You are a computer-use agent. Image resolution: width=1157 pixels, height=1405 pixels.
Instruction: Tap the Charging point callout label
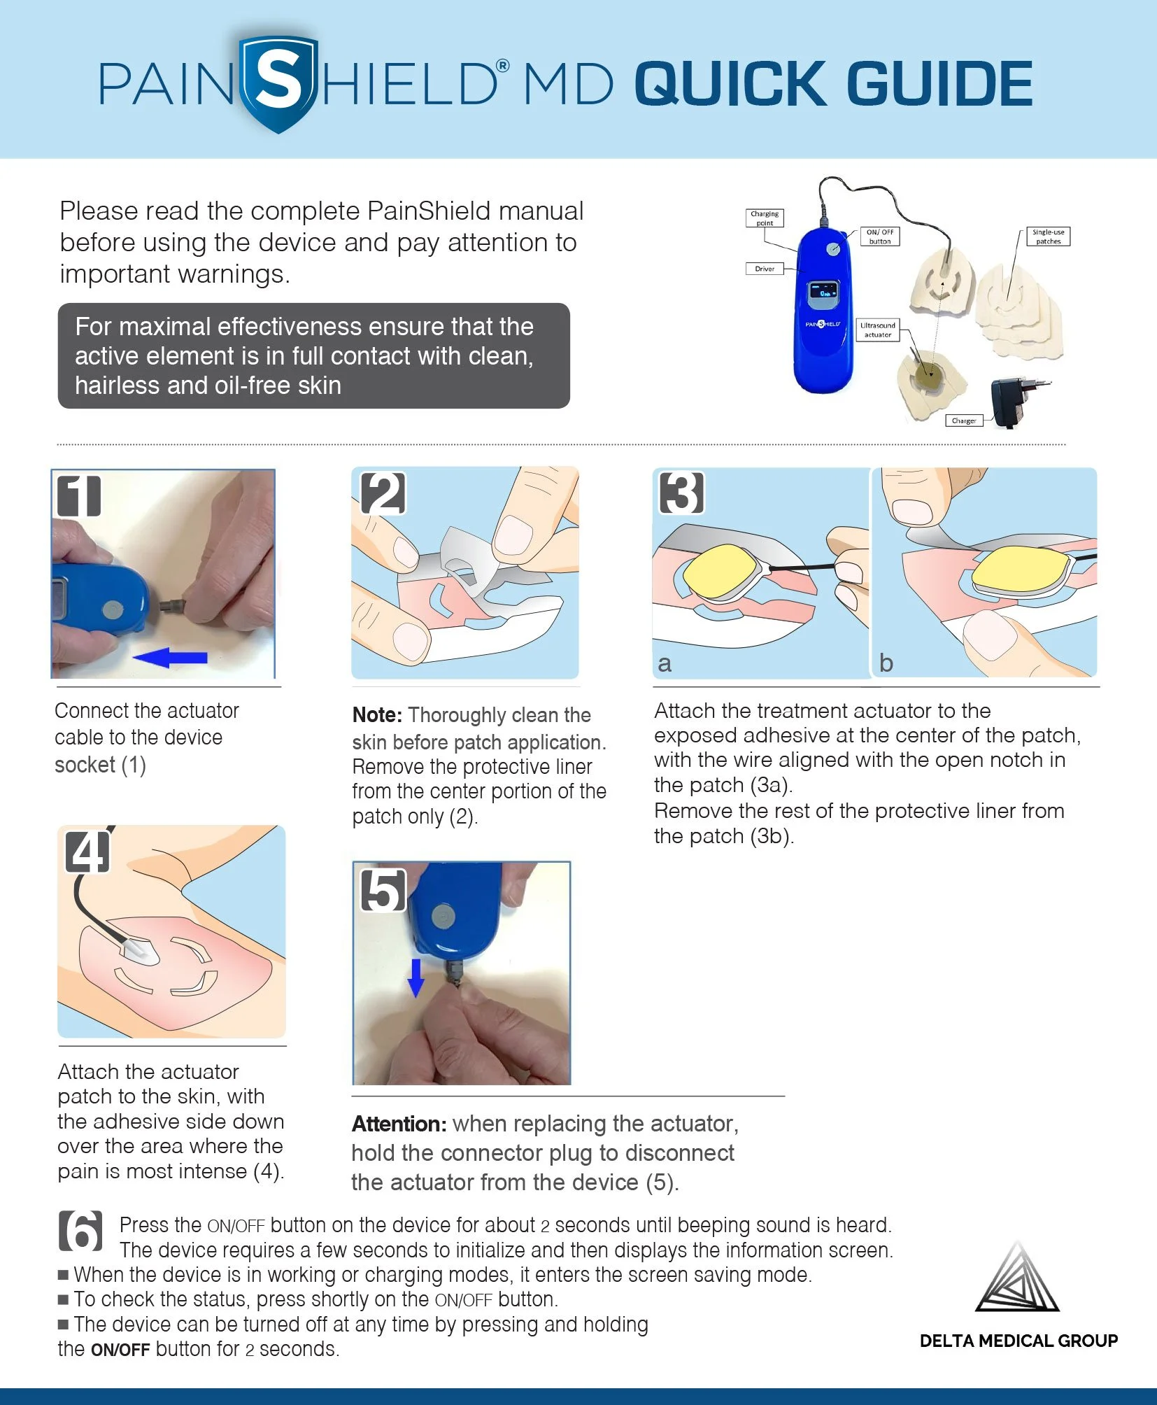click(764, 218)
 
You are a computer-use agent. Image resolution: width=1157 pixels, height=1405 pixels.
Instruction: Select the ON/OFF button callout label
click(879, 236)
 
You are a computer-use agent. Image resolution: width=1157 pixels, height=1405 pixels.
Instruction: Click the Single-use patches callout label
click(1048, 236)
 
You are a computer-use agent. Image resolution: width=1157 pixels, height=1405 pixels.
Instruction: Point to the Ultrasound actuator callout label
click(877, 330)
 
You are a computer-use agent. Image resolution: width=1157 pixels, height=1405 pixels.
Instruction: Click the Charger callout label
click(963, 421)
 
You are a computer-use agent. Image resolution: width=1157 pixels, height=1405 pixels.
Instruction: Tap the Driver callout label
click(764, 269)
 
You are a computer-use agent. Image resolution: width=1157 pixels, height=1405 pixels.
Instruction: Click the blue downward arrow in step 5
click(416, 977)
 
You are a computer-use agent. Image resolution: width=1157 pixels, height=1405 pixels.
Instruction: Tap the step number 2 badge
click(383, 494)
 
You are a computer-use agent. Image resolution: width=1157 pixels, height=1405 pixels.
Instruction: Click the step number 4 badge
click(87, 851)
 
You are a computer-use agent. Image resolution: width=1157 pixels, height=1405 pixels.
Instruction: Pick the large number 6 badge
click(80, 1231)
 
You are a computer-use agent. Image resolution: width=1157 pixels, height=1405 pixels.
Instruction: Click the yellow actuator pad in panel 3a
click(720, 572)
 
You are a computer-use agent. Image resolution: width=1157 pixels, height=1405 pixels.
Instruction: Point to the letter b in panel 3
click(886, 663)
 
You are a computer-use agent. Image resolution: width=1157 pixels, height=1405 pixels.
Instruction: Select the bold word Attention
click(399, 1124)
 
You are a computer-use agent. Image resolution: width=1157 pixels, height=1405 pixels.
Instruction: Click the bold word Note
click(376, 715)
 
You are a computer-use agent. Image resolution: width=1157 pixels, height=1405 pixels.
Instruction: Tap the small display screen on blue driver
click(823, 295)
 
